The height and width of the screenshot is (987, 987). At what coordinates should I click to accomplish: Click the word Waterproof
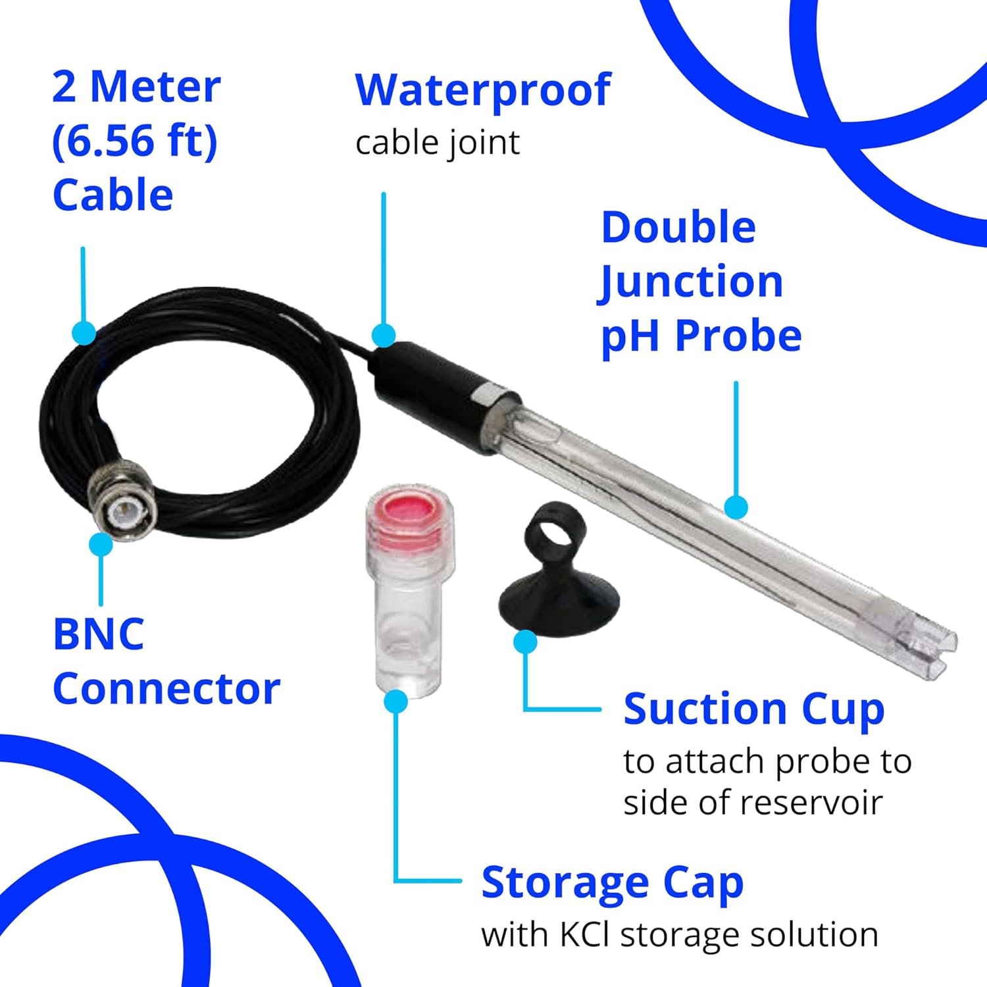point(483,90)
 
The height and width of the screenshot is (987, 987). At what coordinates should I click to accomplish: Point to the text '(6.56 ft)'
point(135,141)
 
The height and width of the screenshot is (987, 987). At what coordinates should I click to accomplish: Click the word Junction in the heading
point(691,282)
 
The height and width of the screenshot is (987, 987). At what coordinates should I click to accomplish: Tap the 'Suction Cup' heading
point(753,709)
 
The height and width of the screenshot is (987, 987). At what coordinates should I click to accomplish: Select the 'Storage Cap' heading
point(612,882)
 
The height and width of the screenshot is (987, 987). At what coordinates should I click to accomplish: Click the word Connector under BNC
point(166,689)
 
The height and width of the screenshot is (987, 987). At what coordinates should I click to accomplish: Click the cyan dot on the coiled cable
point(84,332)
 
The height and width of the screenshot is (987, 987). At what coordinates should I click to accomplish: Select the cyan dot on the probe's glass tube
point(736,507)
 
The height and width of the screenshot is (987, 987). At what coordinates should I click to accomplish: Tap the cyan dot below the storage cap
point(395,701)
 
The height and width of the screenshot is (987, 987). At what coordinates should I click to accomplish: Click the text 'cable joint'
point(438,143)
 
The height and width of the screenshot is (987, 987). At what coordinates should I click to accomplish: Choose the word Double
point(678,228)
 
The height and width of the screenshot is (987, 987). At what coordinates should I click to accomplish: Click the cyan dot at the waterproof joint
point(384,335)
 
